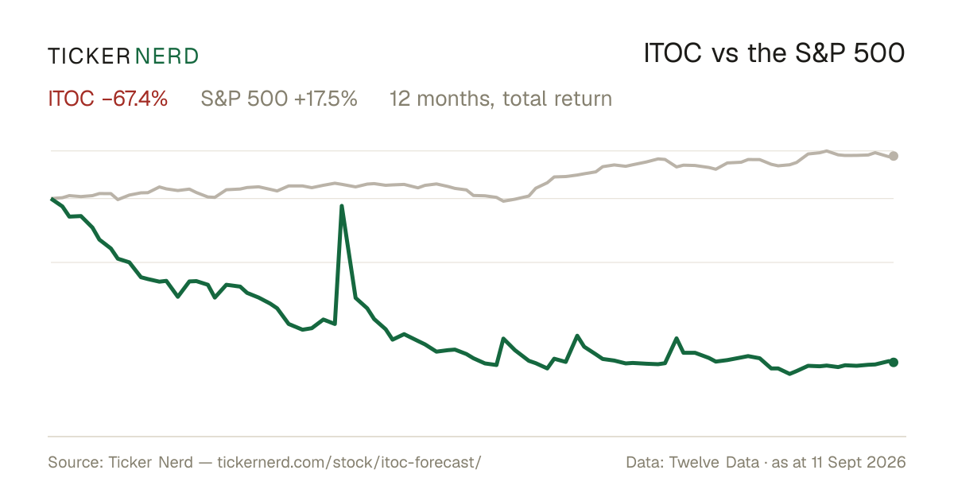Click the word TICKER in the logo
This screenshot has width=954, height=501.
tap(89, 56)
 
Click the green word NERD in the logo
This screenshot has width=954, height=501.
tap(166, 56)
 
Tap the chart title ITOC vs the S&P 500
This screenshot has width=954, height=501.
tap(774, 53)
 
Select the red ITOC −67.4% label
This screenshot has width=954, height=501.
tap(108, 99)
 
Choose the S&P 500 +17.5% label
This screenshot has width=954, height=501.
tap(279, 99)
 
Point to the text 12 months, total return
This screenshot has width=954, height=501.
tap(501, 99)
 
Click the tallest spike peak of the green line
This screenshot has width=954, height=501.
tap(342, 206)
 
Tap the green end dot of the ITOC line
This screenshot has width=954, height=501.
tap(894, 362)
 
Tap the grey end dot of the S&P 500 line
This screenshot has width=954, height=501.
tap(894, 156)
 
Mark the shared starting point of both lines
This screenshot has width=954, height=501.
tap(52, 199)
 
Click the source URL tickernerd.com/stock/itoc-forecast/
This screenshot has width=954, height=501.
tap(349, 462)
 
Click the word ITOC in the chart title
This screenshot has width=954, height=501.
tap(673, 53)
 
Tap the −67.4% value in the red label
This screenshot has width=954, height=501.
tap(134, 99)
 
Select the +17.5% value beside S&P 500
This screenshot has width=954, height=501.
tap(325, 99)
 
